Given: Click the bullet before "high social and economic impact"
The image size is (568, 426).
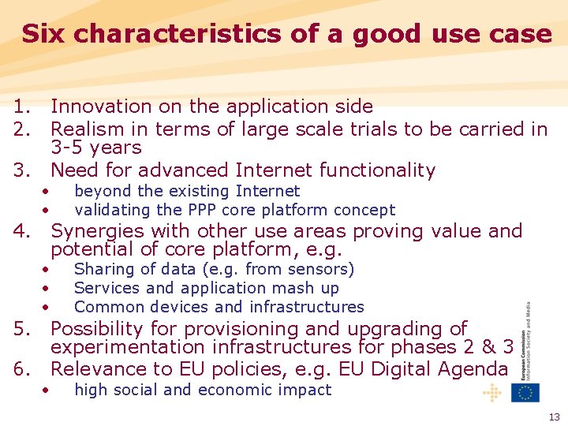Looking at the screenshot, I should [47, 390].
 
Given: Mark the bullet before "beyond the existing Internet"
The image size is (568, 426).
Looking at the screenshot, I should [47, 192].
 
